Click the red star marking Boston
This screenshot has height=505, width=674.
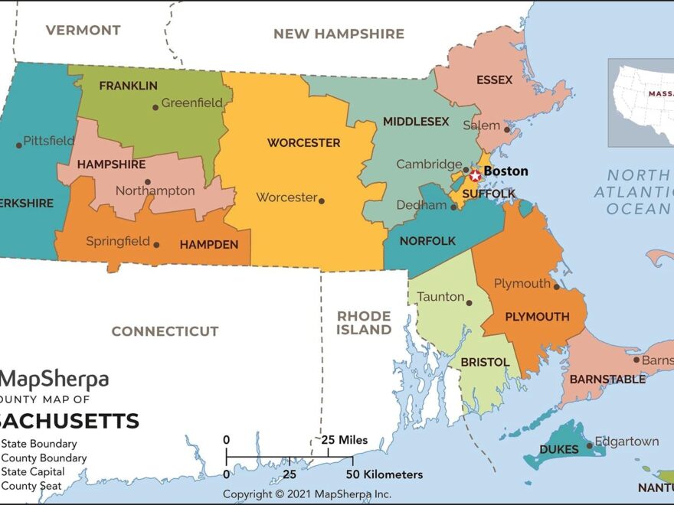pos(475,175)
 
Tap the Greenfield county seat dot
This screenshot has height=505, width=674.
pos(155,107)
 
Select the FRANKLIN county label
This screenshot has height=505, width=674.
pos(128,86)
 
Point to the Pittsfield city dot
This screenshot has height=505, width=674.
pos(18,145)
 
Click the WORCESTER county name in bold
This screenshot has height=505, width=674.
pos(303,143)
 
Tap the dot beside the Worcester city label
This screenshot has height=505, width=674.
pos(322,201)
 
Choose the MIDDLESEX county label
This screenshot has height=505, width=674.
pos(416,122)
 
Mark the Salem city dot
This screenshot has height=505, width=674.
pos(506,129)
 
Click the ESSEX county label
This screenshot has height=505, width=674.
pos(494,80)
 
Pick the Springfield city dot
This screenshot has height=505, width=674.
pos(156,245)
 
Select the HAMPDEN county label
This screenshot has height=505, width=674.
pos(208,245)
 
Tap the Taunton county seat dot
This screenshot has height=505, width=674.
pos(470,302)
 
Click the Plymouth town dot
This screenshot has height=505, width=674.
pos(556,288)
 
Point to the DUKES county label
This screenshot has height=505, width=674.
pos(559,450)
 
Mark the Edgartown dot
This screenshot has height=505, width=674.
pos(589,445)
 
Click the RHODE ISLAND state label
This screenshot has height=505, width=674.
pos(364,323)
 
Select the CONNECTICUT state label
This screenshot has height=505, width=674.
pos(165,331)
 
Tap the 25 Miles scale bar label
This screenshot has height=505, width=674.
pos(344,440)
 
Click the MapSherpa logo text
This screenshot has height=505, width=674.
pos(55,380)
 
